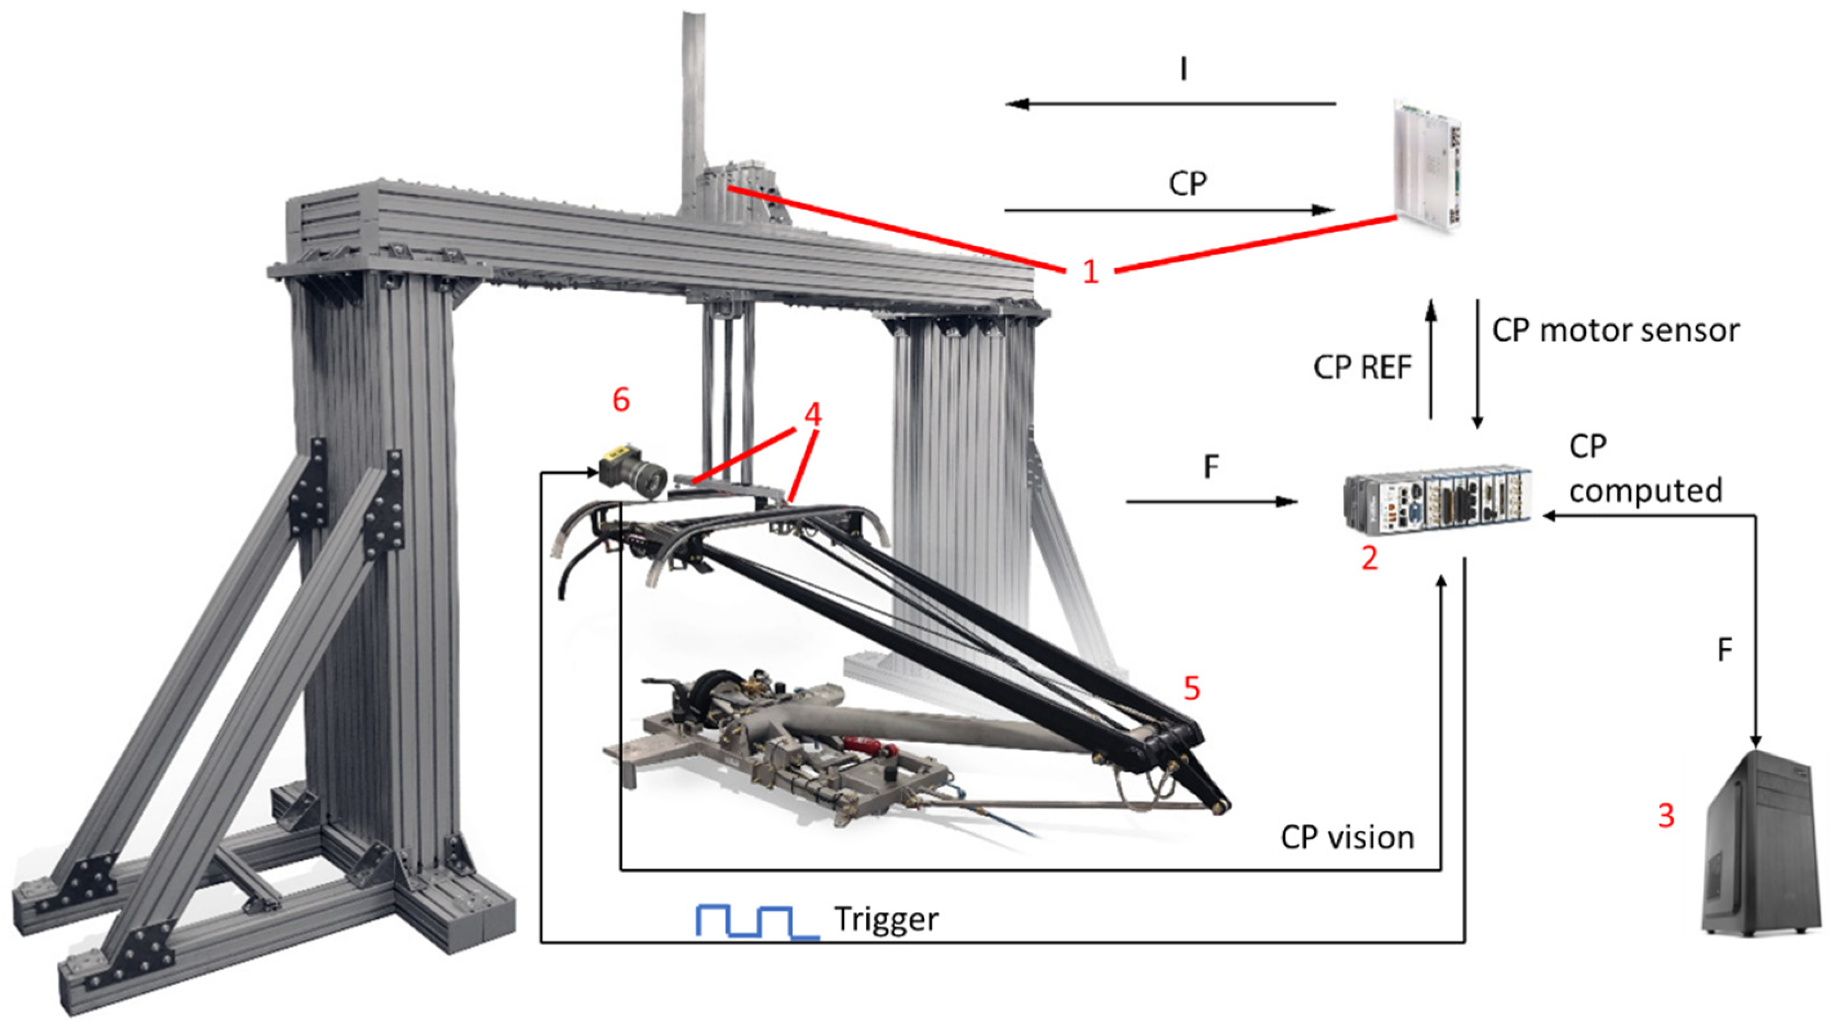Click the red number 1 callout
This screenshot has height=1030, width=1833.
tap(1090, 271)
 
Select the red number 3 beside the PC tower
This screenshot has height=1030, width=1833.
tap(1666, 816)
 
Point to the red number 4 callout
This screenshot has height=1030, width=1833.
tap(812, 414)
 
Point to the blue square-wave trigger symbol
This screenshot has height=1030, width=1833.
tap(756, 922)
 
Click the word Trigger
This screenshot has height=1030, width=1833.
tap(886, 919)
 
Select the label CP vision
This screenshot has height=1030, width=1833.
tap(1347, 838)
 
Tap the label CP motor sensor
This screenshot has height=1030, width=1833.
tap(1615, 330)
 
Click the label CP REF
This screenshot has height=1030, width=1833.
tap(1362, 367)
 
